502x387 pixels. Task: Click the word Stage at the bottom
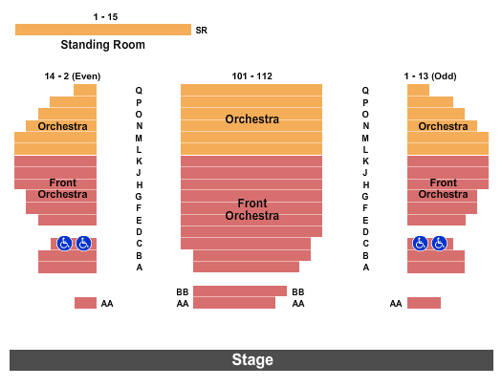click(x=251, y=360)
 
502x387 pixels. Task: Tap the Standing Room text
click(x=102, y=45)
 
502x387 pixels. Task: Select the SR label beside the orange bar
click(x=202, y=31)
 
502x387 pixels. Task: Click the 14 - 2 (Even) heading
click(x=72, y=76)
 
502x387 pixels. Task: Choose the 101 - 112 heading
click(x=251, y=76)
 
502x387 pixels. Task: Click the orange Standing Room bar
click(x=102, y=30)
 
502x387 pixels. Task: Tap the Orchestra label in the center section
click(x=251, y=119)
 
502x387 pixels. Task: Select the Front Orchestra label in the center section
click(x=251, y=209)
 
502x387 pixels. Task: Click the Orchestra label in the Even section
click(x=62, y=126)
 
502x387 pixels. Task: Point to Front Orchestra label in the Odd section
click(x=443, y=188)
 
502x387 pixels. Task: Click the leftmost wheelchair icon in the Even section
click(x=64, y=244)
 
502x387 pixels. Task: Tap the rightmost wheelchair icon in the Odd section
click(x=439, y=244)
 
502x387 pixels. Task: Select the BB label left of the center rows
click(x=182, y=291)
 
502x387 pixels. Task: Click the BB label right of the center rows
click(x=298, y=291)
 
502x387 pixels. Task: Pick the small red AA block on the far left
click(x=85, y=303)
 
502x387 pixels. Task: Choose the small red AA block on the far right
click(x=424, y=303)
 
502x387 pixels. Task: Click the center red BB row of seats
click(x=239, y=291)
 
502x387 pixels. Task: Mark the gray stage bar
click(x=96, y=360)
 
